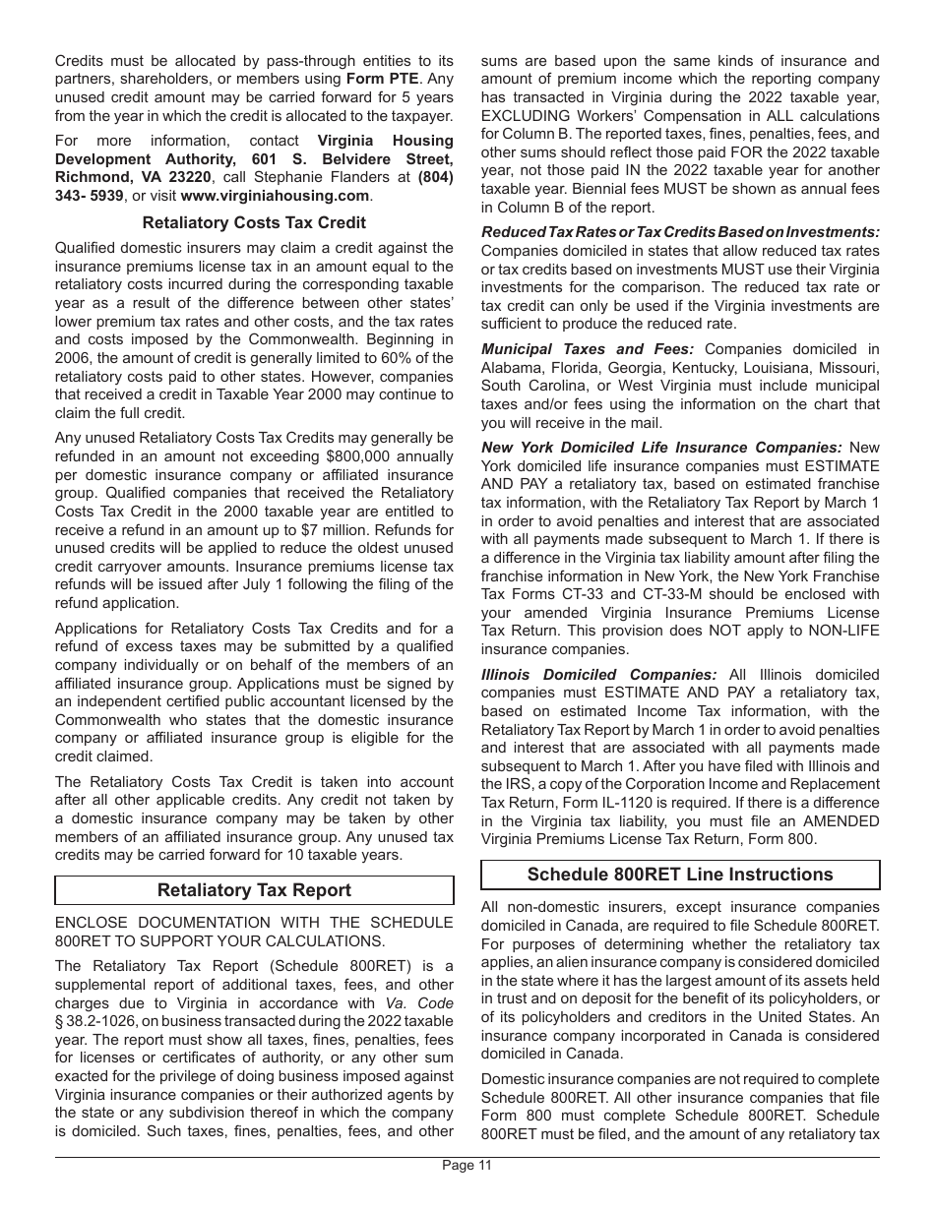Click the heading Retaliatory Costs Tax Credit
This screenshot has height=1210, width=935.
pos(254,222)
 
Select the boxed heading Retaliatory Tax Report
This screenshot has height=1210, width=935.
pos(254,890)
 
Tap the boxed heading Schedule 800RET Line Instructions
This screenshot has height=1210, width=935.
pos(680,875)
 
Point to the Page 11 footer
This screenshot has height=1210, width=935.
pos(467,1166)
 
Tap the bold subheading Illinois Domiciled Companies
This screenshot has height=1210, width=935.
pos(598,675)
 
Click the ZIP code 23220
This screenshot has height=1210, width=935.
pos(190,178)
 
